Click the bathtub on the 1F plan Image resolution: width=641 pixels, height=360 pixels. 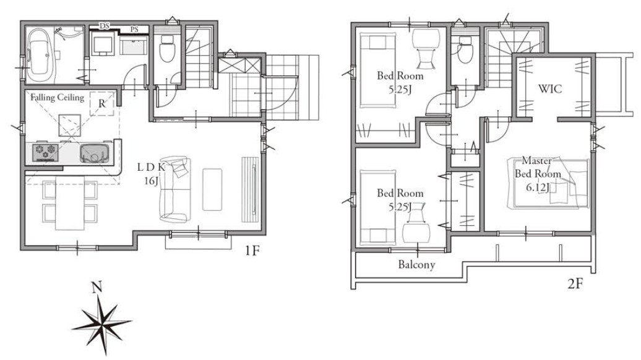(x=40, y=55)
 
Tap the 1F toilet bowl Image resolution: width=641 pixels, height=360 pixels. (x=167, y=49)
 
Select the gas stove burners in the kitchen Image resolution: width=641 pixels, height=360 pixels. (x=45, y=152)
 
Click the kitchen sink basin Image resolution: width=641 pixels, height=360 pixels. (x=95, y=153)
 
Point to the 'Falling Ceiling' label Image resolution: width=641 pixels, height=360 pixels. (x=57, y=97)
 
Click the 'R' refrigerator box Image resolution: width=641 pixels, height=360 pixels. (x=102, y=104)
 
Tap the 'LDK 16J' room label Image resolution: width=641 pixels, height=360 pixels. (x=151, y=173)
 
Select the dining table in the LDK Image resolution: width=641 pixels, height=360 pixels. (x=70, y=203)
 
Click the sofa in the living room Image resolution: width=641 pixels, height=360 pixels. (x=175, y=189)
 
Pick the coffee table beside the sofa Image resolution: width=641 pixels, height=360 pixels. (x=212, y=189)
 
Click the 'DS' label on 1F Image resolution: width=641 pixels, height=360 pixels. (x=105, y=26)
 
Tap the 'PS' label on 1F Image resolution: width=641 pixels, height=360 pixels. (x=134, y=30)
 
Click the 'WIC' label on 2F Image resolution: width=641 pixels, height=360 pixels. (x=549, y=88)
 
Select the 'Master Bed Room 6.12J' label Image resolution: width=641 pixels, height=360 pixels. (x=538, y=174)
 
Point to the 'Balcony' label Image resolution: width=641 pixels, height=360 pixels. (x=416, y=264)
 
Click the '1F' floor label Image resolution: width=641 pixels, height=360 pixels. (x=252, y=251)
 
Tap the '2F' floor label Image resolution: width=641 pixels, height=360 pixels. (x=575, y=283)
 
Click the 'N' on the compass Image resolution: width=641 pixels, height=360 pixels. (x=97, y=288)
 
